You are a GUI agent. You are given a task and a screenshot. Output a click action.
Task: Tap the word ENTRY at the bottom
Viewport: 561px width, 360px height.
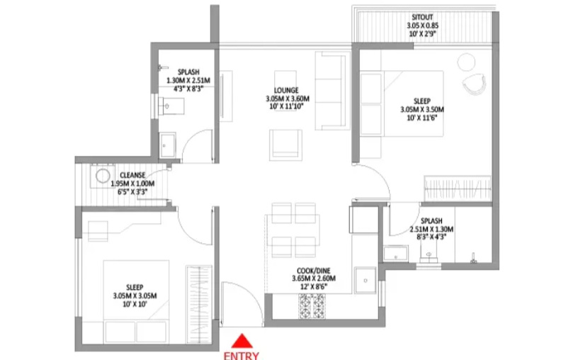pos(242,355)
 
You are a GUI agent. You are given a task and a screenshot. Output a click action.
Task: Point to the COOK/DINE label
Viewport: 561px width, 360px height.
pos(314,270)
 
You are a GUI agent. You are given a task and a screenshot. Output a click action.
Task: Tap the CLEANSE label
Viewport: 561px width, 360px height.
pos(132,175)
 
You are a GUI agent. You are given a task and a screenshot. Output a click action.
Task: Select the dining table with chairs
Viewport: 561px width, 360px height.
pos(293,230)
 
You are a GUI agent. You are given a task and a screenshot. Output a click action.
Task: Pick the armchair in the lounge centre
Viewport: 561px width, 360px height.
pos(285,142)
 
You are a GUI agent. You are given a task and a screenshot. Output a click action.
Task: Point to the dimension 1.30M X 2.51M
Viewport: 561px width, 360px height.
pos(188,81)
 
